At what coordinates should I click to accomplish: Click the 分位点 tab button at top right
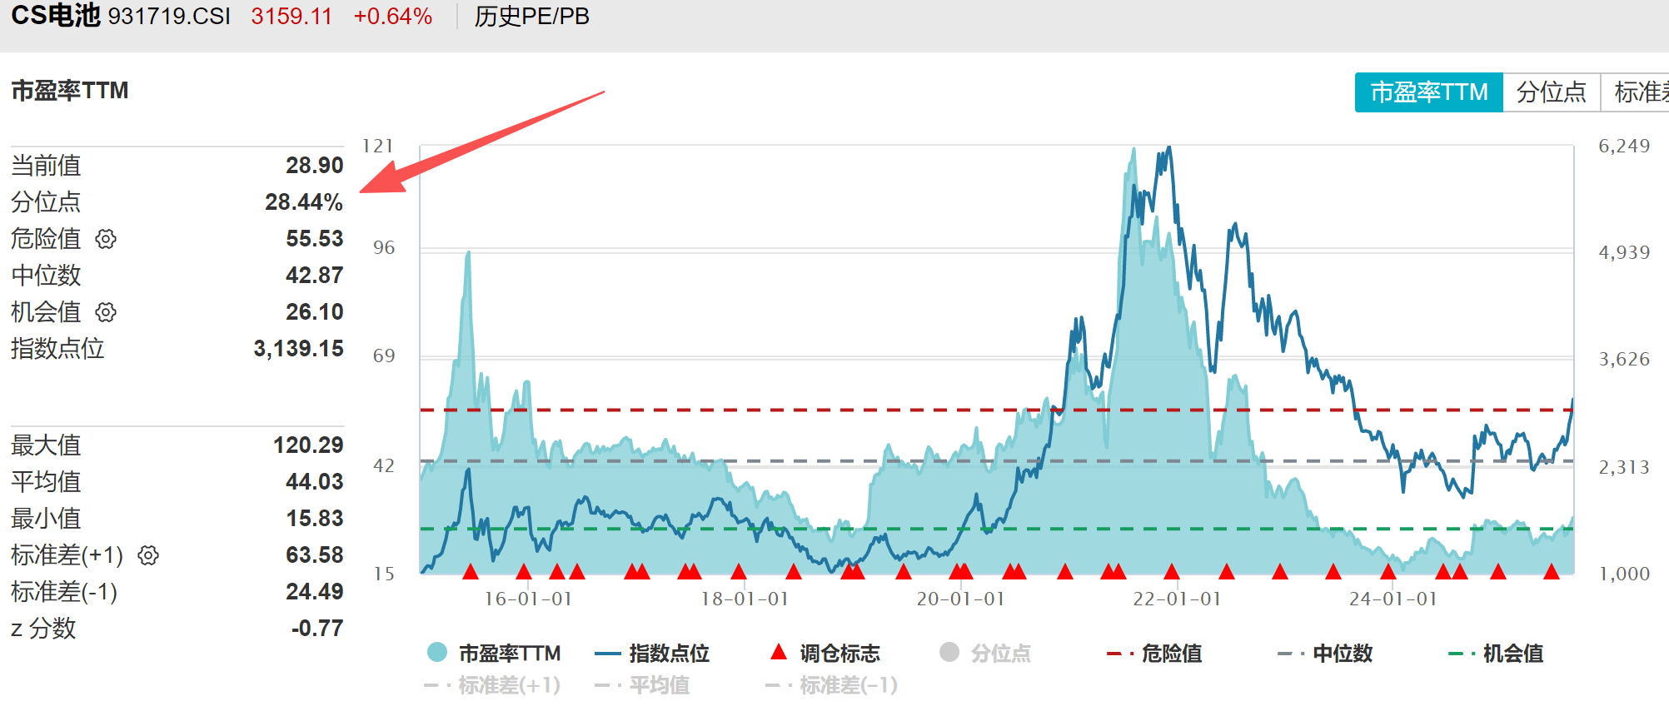coord(1551,92)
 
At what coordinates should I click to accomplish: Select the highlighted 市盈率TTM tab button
coord(1428,92)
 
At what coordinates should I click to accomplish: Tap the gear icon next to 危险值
coord(106,239)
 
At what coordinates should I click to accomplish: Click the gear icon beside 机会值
coord(106,312)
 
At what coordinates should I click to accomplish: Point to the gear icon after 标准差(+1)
coord(148,555)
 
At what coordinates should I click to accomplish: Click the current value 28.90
coord(314,166)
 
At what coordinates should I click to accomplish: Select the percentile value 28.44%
coord(303,202)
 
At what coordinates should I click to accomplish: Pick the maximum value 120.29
coord(307,445)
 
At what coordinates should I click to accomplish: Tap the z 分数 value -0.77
coord(316,629)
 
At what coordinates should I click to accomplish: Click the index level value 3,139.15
coord(298,349)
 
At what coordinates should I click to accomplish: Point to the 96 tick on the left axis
coord(384,248)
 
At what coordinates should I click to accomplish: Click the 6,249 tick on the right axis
coord(1623,147)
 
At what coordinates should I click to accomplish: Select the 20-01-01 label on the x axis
coord(960,599)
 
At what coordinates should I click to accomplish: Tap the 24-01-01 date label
coord(1392,599)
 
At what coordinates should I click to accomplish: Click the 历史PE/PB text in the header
coord(531,17)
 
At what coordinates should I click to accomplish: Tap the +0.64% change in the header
coord(392,17)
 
